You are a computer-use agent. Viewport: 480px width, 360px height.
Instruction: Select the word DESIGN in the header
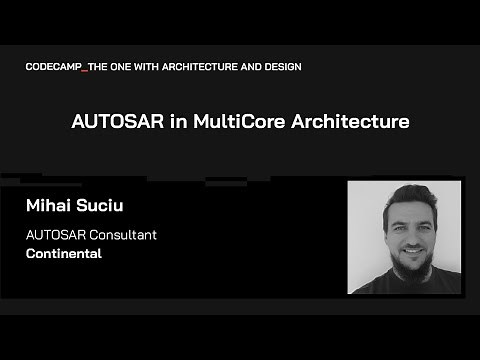[x=281, y=67]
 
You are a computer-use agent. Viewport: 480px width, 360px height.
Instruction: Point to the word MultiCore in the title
[x=223, y=123]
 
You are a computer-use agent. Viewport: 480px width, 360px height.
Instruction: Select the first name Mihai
[x=49, y=207]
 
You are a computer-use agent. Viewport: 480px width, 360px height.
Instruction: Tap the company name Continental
[x=64, y=254]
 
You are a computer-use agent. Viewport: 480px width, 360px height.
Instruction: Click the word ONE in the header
[x=123, y=67]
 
